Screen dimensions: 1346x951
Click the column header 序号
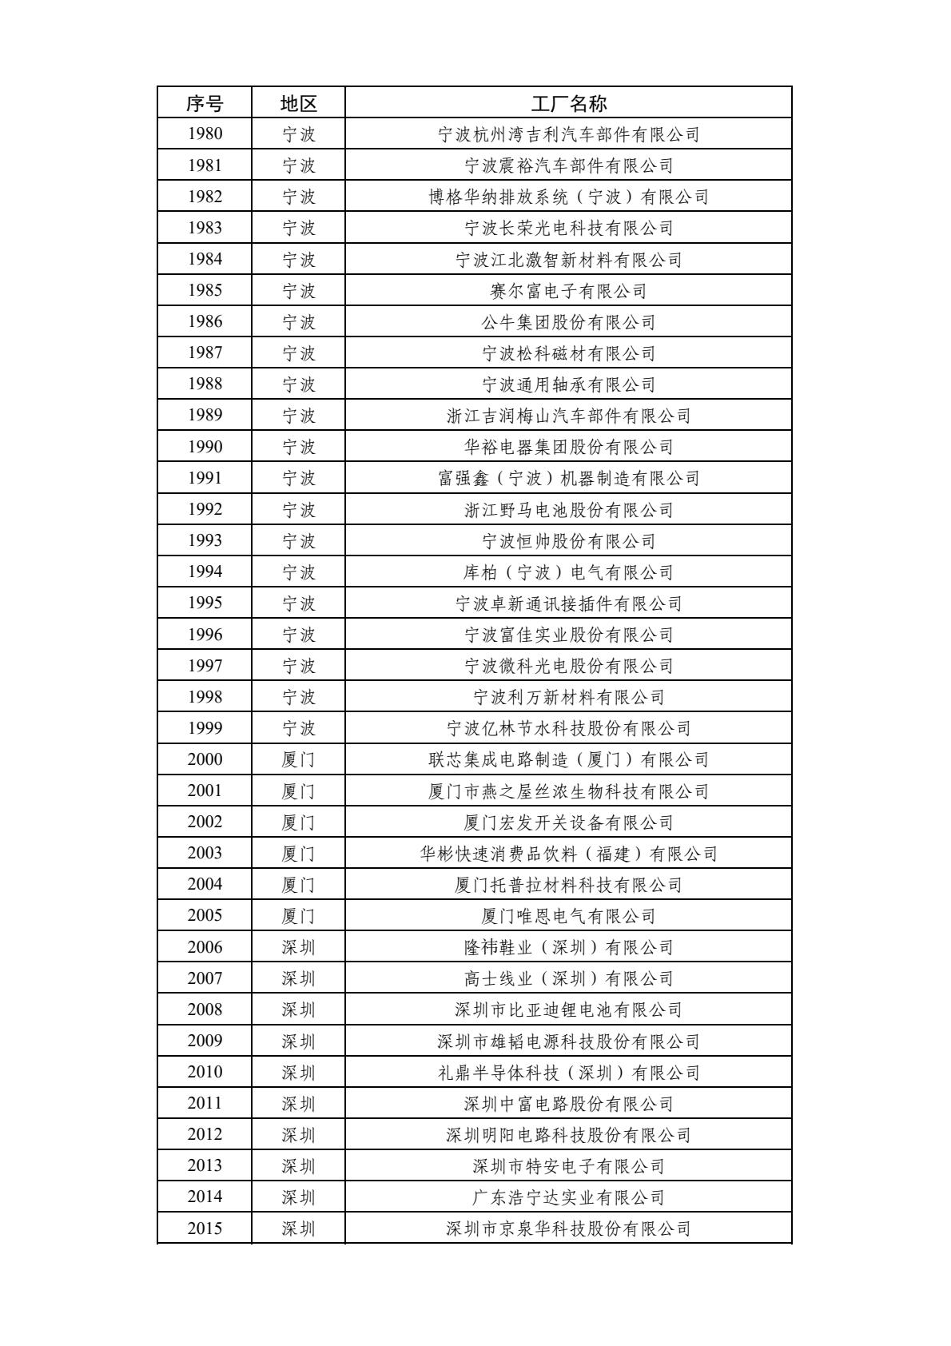[205, 103]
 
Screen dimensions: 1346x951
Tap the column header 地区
[298, 103]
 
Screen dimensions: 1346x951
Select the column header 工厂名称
[568, 103]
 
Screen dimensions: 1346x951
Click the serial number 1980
[205, 134]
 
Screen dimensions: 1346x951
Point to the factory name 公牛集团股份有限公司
[568, 322]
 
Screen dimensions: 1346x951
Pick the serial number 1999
[205, 728]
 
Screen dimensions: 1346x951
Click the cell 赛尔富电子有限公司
[568, 291]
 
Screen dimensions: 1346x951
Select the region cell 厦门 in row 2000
[298, 759]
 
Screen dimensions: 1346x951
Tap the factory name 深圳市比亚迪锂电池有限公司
[568, 1009]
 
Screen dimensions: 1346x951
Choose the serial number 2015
[205, 1229]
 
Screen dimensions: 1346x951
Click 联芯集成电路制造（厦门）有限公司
[568, 759]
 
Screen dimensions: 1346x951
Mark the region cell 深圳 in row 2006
[298, 947]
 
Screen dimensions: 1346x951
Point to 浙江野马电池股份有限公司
[568, 510]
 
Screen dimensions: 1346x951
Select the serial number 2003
[205, 853]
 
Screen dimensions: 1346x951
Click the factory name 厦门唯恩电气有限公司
[568, 916]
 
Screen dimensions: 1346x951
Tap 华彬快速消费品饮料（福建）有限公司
[568, 853]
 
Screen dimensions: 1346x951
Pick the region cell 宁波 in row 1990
[298, 447]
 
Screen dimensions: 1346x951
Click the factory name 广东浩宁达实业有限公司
[568, 1197]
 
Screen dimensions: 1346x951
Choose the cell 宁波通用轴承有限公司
[568, 384]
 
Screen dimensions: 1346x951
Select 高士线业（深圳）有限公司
[568, 978]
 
